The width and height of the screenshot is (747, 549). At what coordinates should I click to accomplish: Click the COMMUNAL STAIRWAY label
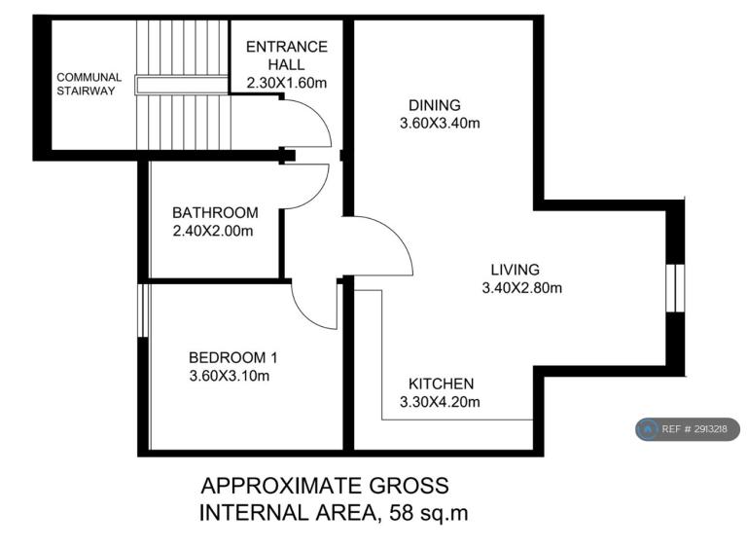(89, 84)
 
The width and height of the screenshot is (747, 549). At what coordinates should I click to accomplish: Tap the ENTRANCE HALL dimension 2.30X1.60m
(287, 83)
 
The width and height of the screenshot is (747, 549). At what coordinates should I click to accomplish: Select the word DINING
(435, 105)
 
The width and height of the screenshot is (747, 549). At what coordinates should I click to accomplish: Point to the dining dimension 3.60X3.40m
(440, 123)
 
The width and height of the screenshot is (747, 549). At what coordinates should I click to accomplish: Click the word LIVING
(515, 270)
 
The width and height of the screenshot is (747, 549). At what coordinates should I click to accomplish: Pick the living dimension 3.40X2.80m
(522, 288)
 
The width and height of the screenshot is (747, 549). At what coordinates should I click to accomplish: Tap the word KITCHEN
(442, 384)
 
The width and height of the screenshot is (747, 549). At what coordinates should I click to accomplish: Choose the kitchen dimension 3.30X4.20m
(440, 402)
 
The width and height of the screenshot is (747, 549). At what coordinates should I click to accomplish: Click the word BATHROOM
(215, 212)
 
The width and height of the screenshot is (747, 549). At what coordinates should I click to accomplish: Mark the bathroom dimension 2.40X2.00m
(213, 231)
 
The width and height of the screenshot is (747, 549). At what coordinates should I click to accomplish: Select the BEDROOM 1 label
(233, 357)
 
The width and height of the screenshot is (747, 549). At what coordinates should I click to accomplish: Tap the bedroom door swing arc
(304, 315)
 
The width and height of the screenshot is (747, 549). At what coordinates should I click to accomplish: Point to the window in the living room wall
(675, 288)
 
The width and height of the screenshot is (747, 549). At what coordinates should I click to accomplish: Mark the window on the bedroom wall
(143, 311)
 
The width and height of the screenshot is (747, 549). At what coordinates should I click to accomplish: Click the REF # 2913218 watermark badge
(688, 429)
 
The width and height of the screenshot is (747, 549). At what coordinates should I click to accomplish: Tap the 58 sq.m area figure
(429, 513)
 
